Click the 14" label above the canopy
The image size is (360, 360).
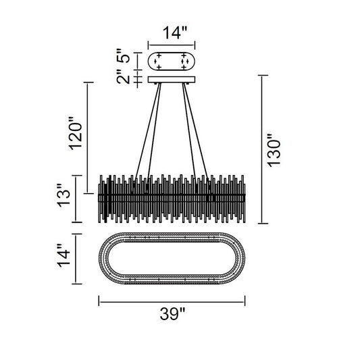click(x=175, y=32)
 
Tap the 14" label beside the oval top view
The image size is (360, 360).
click(x=63, y=255)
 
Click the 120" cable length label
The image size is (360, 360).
click(x=76, y=134)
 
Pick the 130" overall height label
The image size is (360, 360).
click(x=274, y=151)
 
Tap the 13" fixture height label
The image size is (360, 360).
click(x=63, y=196)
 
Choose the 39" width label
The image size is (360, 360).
click(x=172, y=313)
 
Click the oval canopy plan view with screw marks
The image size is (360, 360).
click(x=172, y=61)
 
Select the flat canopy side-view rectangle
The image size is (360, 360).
click(x=172, y=80)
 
